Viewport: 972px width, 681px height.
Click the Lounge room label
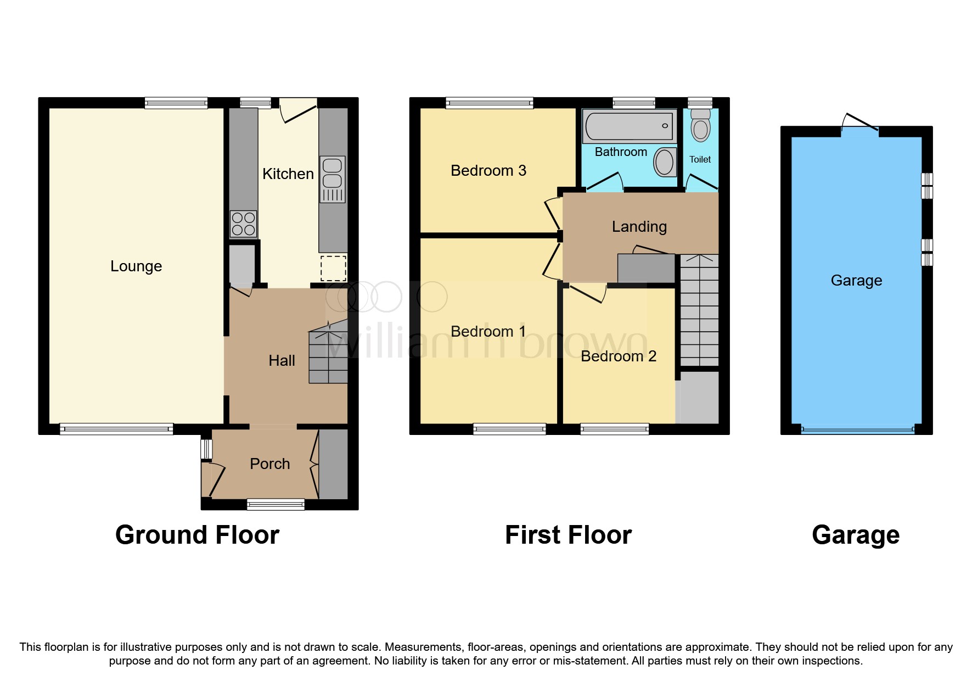point(136,266)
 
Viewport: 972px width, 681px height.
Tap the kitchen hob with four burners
point(243,224)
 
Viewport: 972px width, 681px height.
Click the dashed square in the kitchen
point(333,269)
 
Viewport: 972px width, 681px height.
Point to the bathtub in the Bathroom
point(629,126)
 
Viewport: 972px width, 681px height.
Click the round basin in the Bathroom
point(665,163)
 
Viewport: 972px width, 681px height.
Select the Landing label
point(639,227)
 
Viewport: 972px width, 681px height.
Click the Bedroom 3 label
point(488,171)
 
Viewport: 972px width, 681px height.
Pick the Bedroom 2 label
point(618,356)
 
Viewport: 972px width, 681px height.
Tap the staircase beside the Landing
point(699,310)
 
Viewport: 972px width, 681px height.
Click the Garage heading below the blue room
point(855,535)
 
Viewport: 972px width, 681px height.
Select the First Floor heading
point(568,535)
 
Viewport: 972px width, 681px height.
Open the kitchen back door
point(299,110)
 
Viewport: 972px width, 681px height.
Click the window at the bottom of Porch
point(276,504)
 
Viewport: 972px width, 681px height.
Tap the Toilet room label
point(700,160)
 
